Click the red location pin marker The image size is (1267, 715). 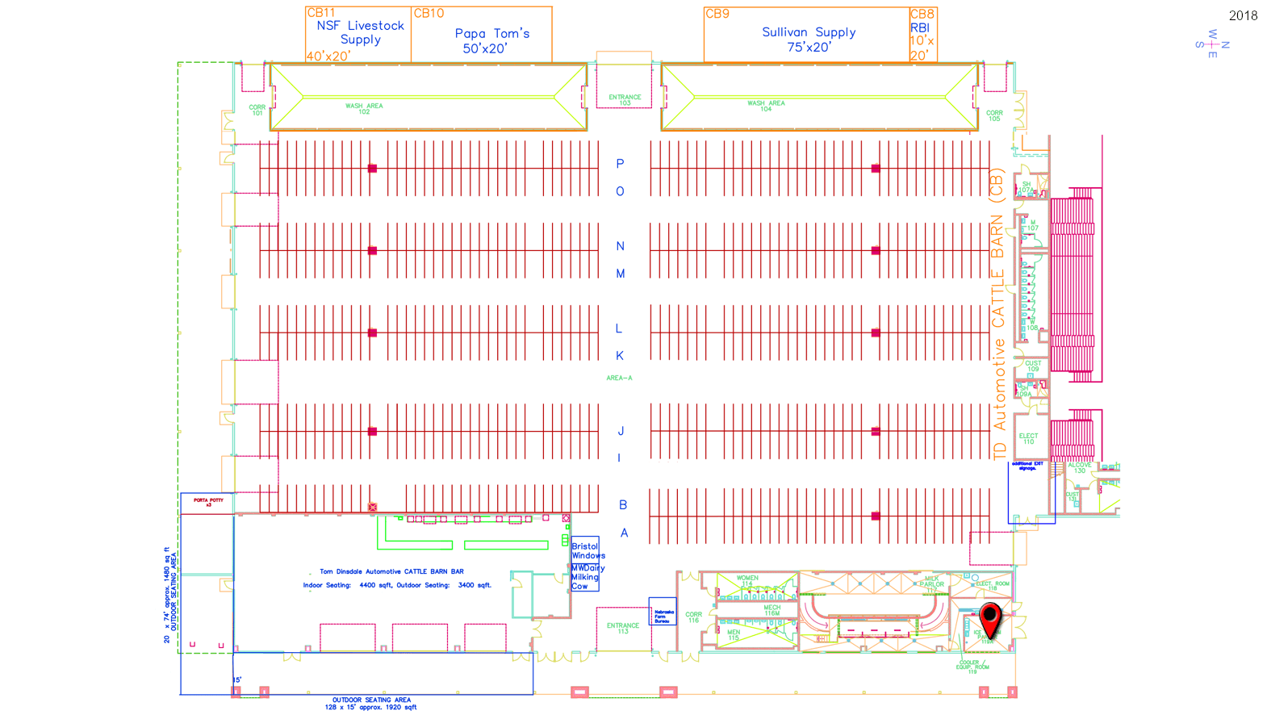(x=990, y=618)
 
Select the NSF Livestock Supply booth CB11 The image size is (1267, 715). (x=359, y=34)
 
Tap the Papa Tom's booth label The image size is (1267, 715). (x=491, y=40)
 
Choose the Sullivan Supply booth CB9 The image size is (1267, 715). (x=808, y=39)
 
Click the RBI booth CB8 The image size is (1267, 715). (x=922, y=35)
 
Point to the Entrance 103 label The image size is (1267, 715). (x=625, y=100)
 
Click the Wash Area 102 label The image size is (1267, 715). (x=364, y=108)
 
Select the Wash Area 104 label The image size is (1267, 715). (x=766, y=106)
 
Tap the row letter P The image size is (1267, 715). (x=620, y=164)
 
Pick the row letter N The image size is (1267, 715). (x=620, y=246)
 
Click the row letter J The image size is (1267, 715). (x=620, y=432)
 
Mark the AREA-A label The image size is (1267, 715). (x=619, y=378)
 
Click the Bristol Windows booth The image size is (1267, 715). (x=587, y=550)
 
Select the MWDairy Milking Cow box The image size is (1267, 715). (x=585, y=577)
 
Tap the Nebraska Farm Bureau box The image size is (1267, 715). (x=663, y=617)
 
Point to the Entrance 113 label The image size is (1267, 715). (x=623, y=628)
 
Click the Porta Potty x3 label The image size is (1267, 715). (x=208, y=502)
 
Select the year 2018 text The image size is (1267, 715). (x=1243, y=16)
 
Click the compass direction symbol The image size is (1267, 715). (x=1212, y=44)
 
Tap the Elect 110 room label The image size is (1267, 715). (x=1028, y=439)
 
